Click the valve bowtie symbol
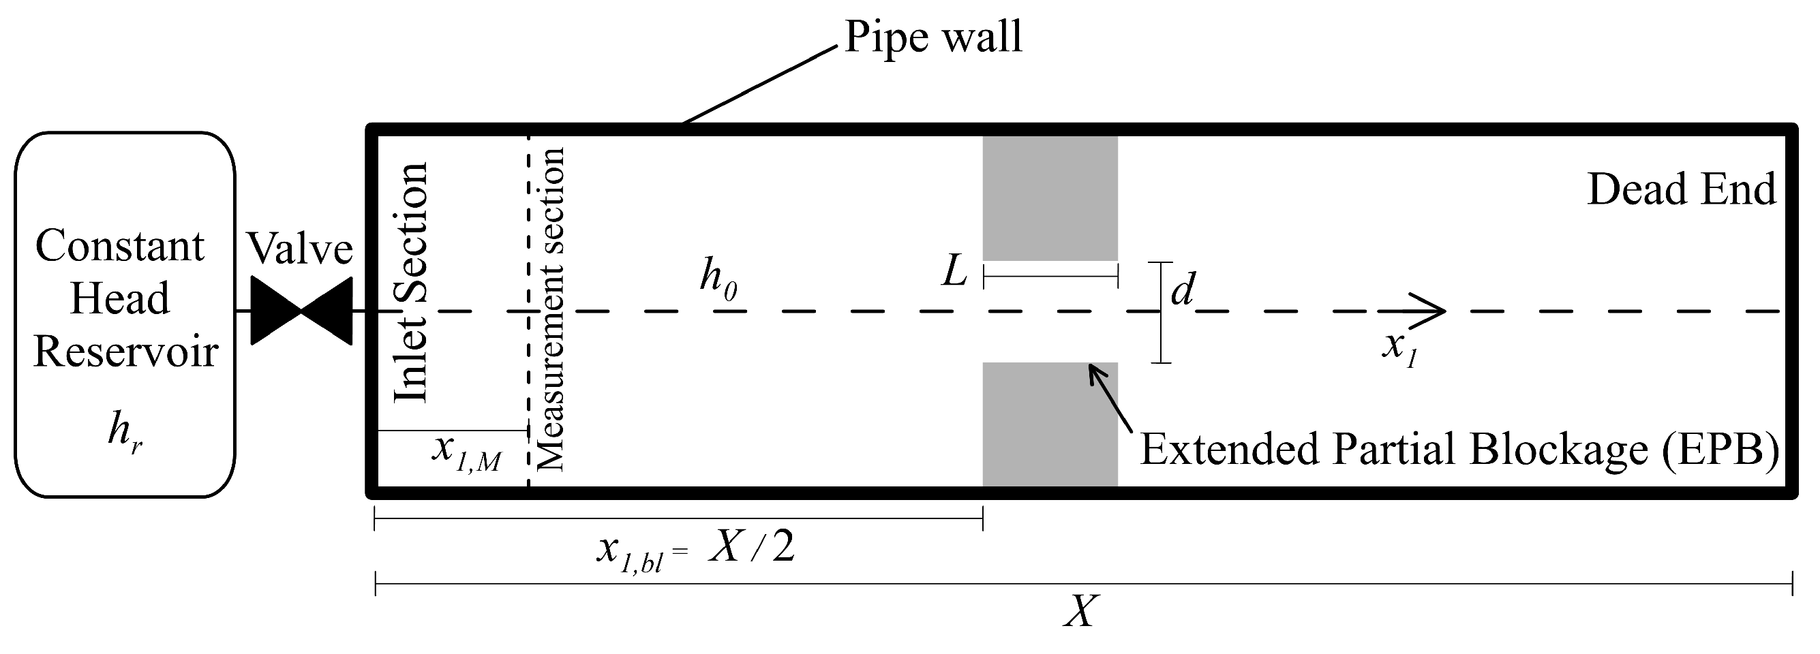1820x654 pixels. point(302,311)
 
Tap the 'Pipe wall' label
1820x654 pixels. point(932,37)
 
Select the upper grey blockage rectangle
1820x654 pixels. point(1050,198)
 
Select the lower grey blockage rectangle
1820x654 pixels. point(1050,424)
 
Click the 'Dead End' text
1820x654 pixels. point(1681,189)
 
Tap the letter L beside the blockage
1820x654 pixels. point(954,271)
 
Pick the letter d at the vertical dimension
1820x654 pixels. point(1182,288)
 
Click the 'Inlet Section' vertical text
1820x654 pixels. point(411,283)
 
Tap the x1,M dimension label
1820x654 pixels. point(466,452)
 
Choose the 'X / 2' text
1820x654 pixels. point(752,546)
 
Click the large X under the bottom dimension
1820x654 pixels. point(1081,612)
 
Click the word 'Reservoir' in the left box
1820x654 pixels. point(125,352)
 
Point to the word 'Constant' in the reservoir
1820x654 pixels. point(120,246)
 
